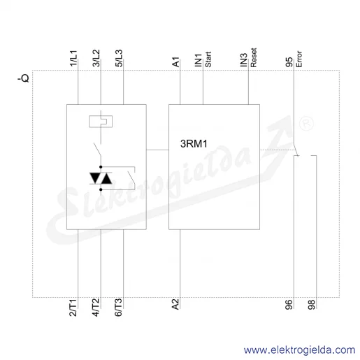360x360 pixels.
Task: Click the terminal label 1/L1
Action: [x=73, y=58]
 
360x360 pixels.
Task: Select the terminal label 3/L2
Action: [x=96, y=58]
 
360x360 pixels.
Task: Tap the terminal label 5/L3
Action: [x=119, y=58]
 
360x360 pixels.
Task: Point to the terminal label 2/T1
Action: [x=73, y=308]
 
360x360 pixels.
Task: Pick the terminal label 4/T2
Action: [x=96, y=308]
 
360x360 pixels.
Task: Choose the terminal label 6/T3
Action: [x=118, y=308]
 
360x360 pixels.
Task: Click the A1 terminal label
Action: [x=175, y=62]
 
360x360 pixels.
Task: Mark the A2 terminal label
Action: [x=175, y=304]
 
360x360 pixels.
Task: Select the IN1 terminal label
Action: [x=198, y=60]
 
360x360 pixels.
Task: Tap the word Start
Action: [x=208, y=59]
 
